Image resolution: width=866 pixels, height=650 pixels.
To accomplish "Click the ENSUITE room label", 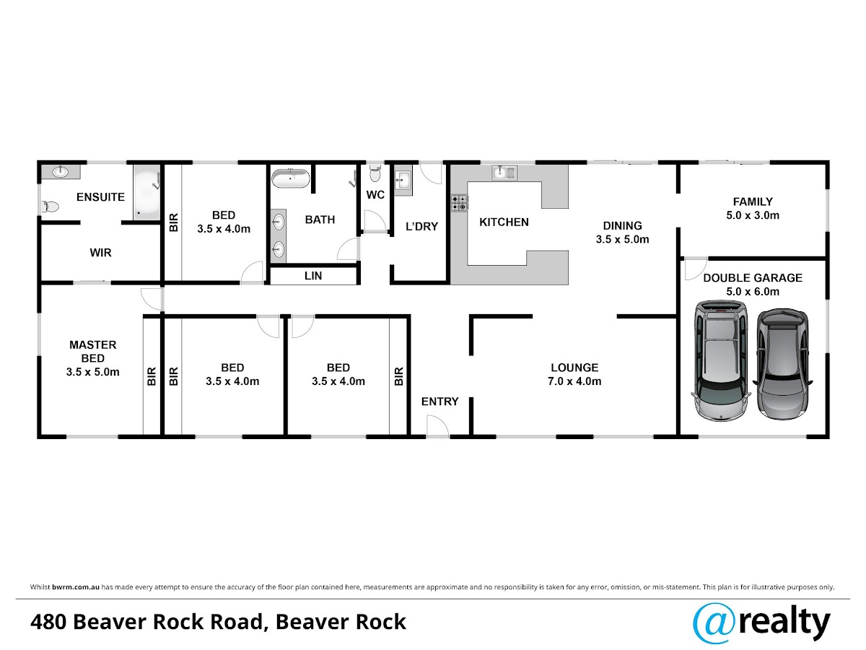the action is pyautogui.click(x=100, y=196).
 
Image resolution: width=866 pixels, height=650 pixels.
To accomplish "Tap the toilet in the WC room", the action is pyautogui.click(x=375, y=173).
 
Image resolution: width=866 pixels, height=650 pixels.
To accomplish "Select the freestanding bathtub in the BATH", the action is pyautogui.click(x=291, y=178).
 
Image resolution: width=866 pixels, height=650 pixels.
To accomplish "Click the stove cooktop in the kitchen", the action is pyautogui.click(x=459, y=203).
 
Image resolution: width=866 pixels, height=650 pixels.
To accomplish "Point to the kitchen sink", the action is pyautogui.click(x=504, y=173).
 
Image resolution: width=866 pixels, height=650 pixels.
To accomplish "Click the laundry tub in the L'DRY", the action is pyautogui.click(x=403, y=180).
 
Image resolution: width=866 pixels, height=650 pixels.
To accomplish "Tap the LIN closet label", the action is pyautogui.click(x=313, y=275).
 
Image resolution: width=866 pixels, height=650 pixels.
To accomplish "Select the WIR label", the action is pyautogui.click(x=100, y=252).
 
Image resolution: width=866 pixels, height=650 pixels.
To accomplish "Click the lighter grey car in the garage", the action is pyautogui.click(x=720, y=360).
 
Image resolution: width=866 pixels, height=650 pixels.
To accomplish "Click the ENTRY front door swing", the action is pyautogui.click(x=438, y=426).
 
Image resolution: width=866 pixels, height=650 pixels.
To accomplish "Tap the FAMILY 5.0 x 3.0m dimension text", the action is pyautogui.click(x=753, y=215).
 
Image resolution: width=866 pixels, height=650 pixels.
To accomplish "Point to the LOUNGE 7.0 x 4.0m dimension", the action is pyautogui.click(x=574, y=381).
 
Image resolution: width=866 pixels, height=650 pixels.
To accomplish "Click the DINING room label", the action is pyautogui.click(x=622, y=225).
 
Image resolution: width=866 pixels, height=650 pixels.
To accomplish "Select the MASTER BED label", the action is pyautogui.click(x=92, y=351).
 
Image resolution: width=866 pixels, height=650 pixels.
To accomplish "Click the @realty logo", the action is pyautogui.click(x=761, y=623).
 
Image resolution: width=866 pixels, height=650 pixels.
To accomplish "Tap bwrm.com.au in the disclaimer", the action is pyautogui.click(x=75, y=587).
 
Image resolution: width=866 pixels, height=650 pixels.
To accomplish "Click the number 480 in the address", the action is pyautogui.click(x=48, y=622).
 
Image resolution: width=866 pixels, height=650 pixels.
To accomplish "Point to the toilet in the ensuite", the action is pyautogui.click(x=50, y=207).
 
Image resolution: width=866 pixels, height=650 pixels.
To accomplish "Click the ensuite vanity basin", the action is pyautogui.click(x=61, y=172).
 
